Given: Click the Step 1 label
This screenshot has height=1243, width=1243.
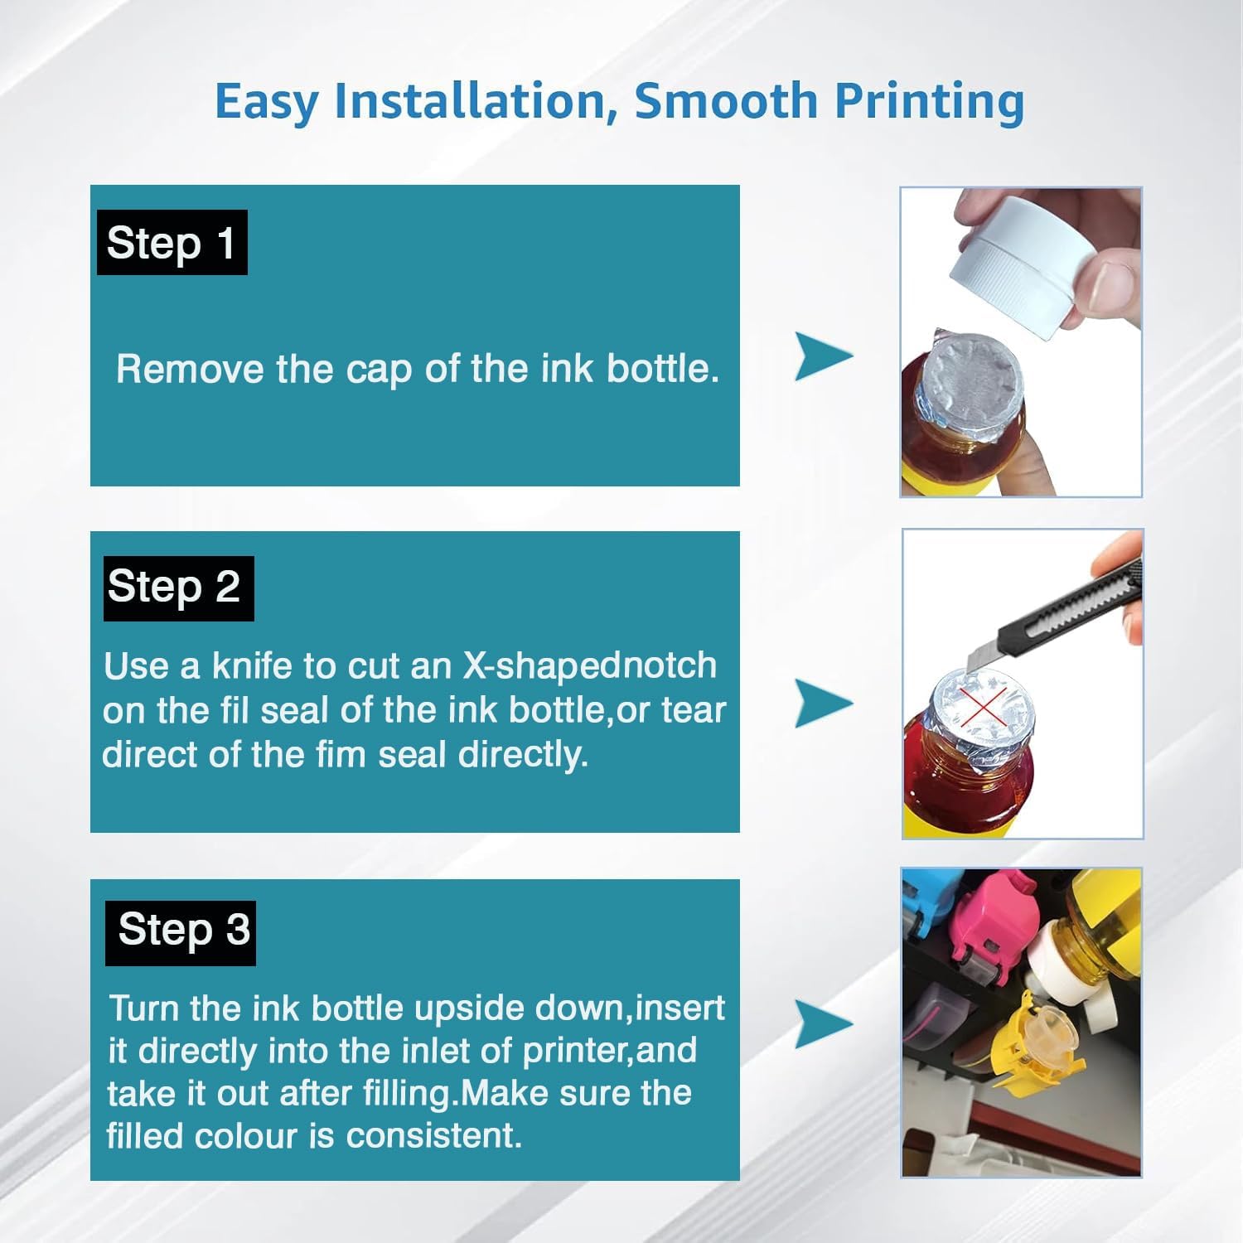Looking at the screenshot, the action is (172, 243).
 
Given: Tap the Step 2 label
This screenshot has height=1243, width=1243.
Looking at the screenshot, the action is (178, 588).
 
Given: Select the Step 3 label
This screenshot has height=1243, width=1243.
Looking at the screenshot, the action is (181, 932).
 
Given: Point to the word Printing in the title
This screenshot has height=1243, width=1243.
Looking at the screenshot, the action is (929, 101).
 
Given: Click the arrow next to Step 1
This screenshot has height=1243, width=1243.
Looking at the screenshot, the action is (823, 356).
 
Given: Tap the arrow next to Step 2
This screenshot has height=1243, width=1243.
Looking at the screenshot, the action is (823, 704).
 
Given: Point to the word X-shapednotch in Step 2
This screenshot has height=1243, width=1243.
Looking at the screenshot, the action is (588, 666).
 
